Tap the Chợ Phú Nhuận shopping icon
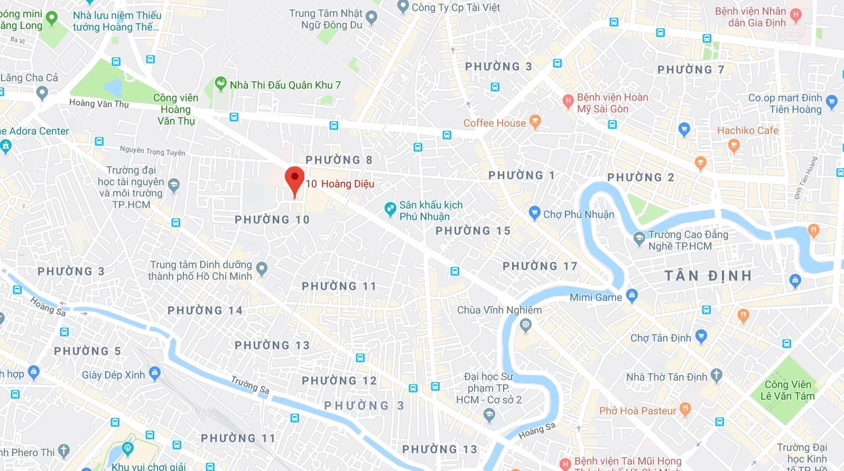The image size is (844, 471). coord(534,213)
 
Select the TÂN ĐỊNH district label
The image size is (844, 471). coord(708,276)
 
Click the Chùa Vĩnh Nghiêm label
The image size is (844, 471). coord(499,310)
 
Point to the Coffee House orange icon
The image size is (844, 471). coord(535,122)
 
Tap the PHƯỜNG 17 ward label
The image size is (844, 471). coord(540,266)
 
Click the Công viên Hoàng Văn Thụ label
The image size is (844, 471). coord(176,109)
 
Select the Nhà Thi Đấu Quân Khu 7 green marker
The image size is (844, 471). coord(220,83)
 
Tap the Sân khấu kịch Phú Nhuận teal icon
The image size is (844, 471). coord(390,210)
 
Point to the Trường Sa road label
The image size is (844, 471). coord(250,385)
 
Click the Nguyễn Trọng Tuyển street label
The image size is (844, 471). coord(152,151)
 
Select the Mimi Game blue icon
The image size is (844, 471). coord(632,295)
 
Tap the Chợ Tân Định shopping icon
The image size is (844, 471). coord(701,336)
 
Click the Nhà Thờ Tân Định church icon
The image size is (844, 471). coord(716,375)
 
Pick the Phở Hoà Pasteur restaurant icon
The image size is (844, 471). coord(685,409)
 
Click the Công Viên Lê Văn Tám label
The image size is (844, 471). coord(787,390)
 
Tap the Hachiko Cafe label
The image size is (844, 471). coord(747,130)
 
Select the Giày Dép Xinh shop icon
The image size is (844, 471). coord(154,373)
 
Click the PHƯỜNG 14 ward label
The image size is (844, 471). coord(205,310)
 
